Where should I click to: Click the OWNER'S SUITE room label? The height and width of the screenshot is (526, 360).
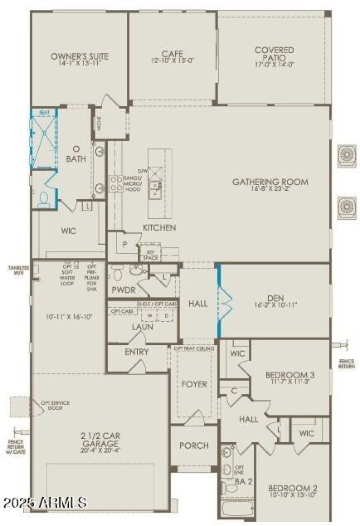pos(80,57)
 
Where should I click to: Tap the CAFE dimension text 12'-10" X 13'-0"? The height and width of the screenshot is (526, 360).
pos(172,60)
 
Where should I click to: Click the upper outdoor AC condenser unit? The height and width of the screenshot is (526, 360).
pos(347,156)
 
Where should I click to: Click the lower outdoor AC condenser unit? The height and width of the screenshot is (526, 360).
pos(347,207)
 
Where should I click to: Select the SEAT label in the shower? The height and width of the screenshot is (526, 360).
pos(44,112)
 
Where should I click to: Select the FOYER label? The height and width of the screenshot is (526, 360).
pos(194,384)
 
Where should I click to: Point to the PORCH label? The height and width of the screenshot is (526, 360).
pos(194,445)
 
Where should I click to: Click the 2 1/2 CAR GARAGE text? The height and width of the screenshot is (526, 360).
pos(101,439)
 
